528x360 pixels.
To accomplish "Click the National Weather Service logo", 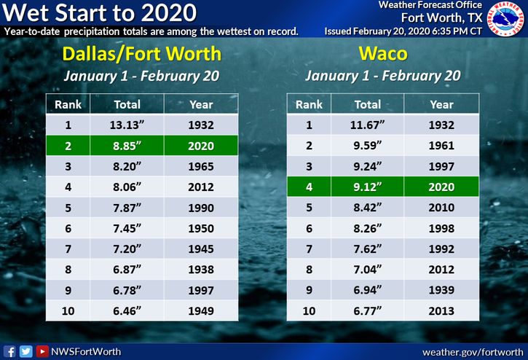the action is tap(506, 18).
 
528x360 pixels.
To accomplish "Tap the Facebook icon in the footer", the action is tap(9, 351).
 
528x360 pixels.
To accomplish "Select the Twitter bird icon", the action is tap(26, 351).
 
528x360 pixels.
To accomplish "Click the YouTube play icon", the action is tap(42, 351).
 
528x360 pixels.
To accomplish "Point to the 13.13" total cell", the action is tap(127, 125).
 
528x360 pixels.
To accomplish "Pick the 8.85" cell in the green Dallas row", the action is tap(127, 146).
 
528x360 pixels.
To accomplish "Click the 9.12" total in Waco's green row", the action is tap(367, 187).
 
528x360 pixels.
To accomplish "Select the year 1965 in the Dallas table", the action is tap(201, 166).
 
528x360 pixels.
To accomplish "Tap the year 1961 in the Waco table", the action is tap(441, 146).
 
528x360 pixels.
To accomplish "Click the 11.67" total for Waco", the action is tap(367, 125).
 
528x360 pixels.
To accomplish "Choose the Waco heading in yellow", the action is tap(383, 54).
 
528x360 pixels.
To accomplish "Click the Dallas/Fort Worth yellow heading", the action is tap(142, 54).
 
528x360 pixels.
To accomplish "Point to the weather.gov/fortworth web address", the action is tap(473, 352).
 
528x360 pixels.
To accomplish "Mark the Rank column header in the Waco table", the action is tap(309, 104).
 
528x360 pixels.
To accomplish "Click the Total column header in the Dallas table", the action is tap(127, 104).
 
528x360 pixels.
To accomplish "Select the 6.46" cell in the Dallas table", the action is tap(127, 310).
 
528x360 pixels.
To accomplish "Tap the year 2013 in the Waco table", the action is tap(441, 310).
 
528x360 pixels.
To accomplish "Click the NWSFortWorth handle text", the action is tap(86, 351).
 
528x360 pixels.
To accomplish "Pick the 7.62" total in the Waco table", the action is tap(367, 249).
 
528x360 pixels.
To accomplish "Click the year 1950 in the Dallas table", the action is tap(201, 229).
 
